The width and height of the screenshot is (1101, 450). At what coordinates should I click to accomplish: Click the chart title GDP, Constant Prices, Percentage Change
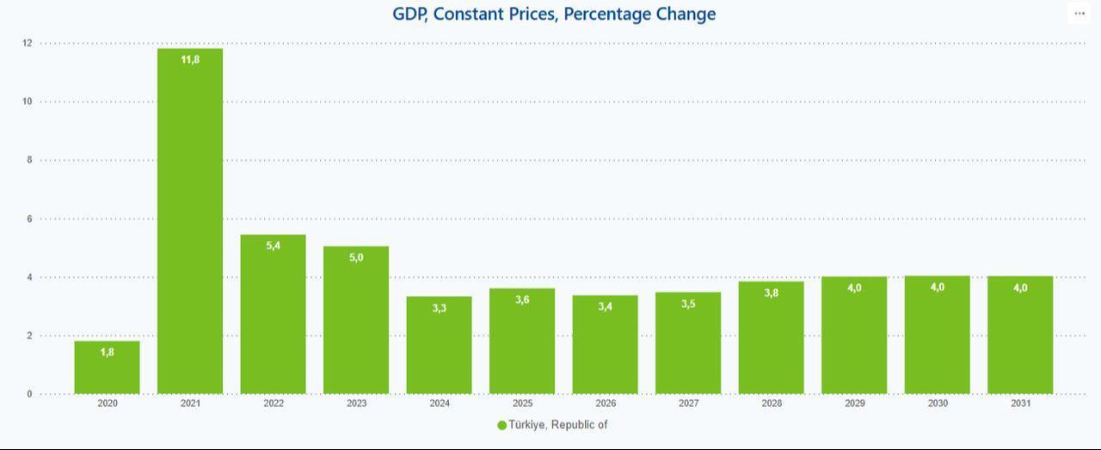pyautogui.click(x=554, y=14)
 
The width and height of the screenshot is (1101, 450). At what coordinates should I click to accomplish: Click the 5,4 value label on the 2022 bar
pyautogui.click(x=274, y=246)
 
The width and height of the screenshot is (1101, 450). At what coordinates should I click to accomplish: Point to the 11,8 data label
pyautogui.click(x=190, y=59)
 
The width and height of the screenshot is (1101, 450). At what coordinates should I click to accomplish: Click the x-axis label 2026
pyautogui.click(x=606, y=404)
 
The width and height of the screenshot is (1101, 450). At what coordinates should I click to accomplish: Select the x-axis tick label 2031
pyautogui.click(x=1020, y=404)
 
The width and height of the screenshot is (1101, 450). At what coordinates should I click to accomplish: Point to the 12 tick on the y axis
pyautogui.click(x=28, y=43)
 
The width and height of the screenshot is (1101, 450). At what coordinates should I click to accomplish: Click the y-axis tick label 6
pyautogui.click(x=28, y=219)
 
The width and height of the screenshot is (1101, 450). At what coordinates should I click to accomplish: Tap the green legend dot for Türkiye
pyautogui.click(x=501, y=425)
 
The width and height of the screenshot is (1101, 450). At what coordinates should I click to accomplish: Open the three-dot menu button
pyautogui.click(x=1079, y=14)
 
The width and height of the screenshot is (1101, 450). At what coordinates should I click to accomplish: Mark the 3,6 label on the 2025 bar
pyautogui.click(x=522, y=299)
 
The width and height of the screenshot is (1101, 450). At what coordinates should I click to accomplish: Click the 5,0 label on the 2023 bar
pyautogui.click(x=356, y=257)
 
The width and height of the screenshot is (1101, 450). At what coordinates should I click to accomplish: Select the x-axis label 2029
pyautogui.click(x=854, y=404)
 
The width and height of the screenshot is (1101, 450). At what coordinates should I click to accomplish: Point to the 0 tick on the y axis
pyautogui.click(x=28, y=394)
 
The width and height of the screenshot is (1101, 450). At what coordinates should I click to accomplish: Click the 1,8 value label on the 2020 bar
pyautogui.click(x=107, y=352)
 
